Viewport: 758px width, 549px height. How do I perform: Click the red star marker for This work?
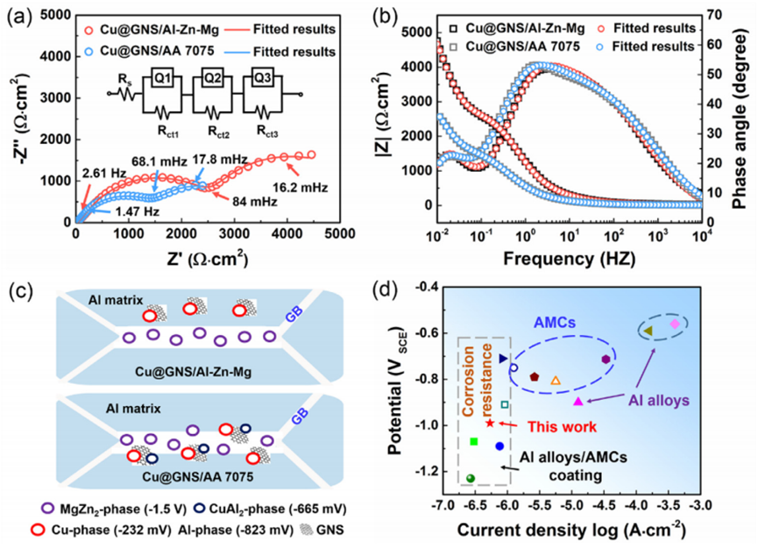489,424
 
